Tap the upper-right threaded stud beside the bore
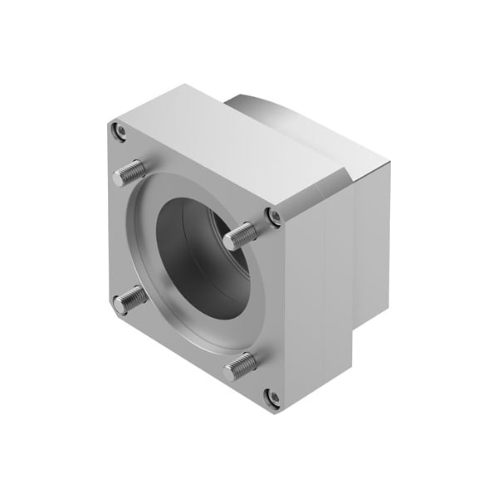pos(241,235)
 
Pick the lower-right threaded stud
pos(240,364)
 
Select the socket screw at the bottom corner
pos(272,397)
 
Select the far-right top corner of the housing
pos(383,163)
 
